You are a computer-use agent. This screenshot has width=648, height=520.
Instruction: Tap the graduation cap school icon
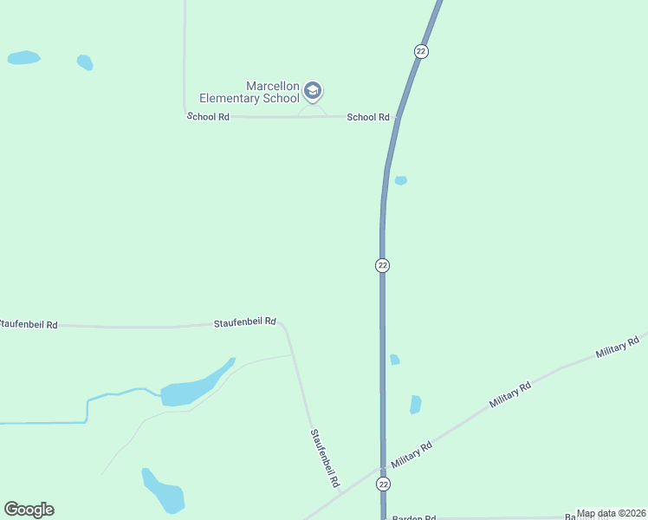pyautogui.click(x=313, y=91)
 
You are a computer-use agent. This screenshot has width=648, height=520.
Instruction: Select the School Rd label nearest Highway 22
pyautogui.click(x=368, y=117)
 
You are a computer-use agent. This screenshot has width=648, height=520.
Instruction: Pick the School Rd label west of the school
pyautogui.click(x=208, y=116)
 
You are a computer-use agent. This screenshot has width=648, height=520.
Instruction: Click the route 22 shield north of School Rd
pyautogui.click(x=421, y=51)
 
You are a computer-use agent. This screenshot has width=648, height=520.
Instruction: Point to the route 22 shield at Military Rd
pyautogui.click(x=383, y=484)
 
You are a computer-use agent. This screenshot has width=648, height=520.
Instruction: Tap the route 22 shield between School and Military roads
pyautogui.click(x=382, y=264)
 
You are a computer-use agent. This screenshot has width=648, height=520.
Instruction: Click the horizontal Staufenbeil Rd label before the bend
pyautogui.click(x=244, y=322)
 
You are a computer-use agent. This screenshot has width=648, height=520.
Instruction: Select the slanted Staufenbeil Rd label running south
pyautogui.click(x=324, y=458)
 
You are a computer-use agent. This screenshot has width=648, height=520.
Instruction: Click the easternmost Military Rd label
pyautogui.click(x=617, y=348)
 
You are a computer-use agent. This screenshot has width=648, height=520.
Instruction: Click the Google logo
pyautogui.click(x=29, y=510)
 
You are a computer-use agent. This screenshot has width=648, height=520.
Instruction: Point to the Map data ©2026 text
pyautogui.click(x=611, y=513)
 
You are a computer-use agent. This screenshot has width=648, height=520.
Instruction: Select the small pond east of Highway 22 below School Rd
pyautogui.click(x=400, y=180)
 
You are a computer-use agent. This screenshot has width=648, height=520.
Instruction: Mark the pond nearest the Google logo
pyautogui.click(x=165, y=492)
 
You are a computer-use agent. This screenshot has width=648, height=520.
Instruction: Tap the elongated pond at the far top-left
pyautogui.click(x=23, y=58)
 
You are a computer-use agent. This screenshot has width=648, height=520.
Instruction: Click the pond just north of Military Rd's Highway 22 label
pyautogui.click(x=416, y=404)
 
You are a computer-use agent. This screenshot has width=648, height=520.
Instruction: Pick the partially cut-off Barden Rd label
pyautogui.click(x=413, y=517)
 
